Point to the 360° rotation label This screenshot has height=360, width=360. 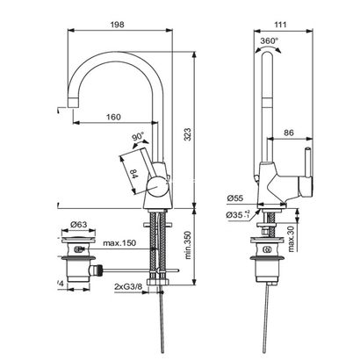(269, 40)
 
